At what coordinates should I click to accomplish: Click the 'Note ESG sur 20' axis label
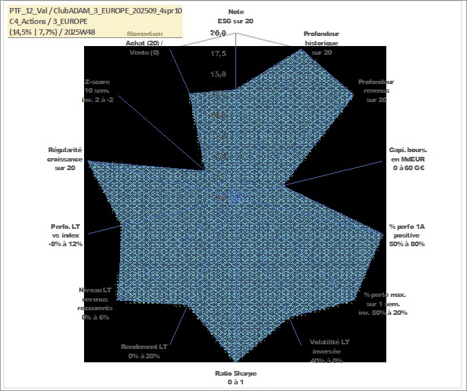coord(236,17)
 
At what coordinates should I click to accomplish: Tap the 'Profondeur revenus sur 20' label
coord(376,91)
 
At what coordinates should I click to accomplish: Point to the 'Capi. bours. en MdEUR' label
coord(408,159)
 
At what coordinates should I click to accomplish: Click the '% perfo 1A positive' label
coord(408,236)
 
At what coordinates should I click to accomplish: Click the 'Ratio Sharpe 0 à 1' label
coord(236,378)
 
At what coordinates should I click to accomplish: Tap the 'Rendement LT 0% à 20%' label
coord(144,352)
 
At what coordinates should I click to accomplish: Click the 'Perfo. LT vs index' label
coord(67,235)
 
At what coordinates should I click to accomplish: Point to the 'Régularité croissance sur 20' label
coord(65,159)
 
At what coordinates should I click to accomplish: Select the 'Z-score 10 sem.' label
coord(98,90)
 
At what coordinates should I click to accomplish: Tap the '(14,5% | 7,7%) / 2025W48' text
coord(53,32)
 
